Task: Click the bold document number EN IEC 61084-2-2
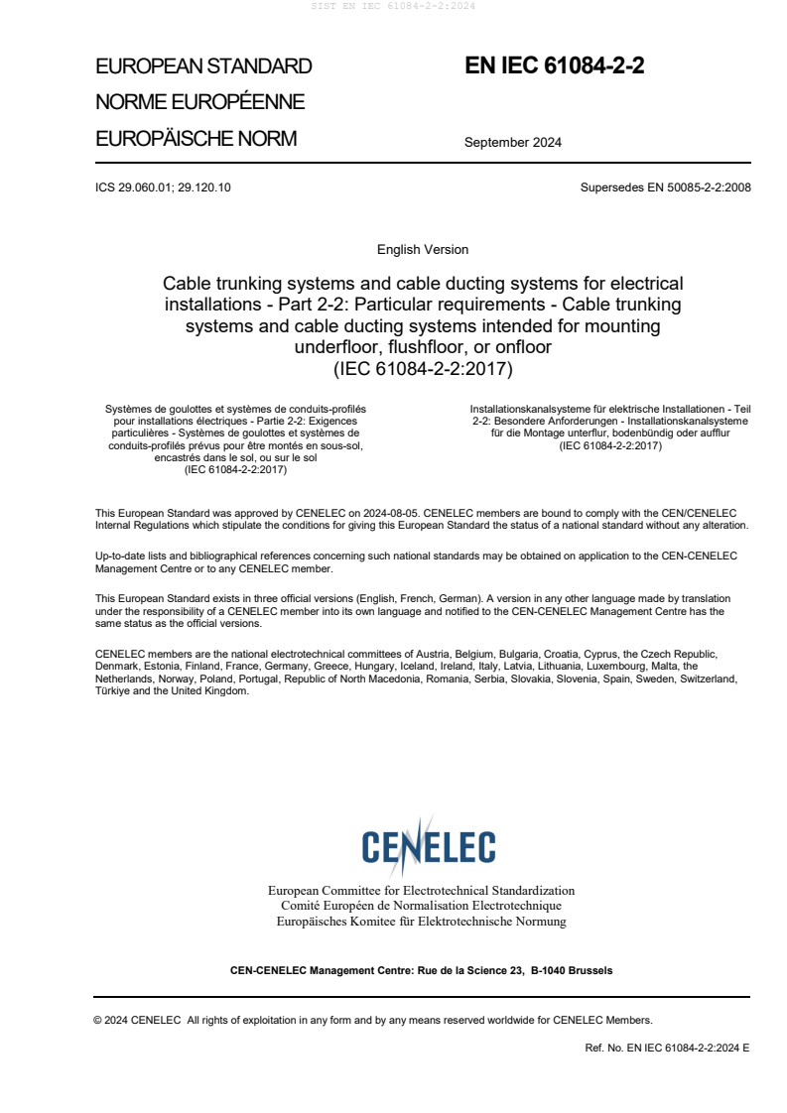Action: point(555,66)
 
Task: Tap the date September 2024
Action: point(512,142)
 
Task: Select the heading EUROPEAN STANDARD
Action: point(203,67)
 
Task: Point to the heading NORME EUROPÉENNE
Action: point(199,102)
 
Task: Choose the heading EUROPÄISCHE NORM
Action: point(196,139)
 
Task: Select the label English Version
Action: point(423,250)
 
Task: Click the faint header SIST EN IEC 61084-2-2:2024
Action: point(393,6)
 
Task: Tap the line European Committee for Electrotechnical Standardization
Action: point(421,891)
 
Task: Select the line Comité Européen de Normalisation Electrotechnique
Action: point(421,906)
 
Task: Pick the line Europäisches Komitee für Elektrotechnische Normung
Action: point(421,922)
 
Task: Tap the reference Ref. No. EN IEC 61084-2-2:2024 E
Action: point(667,1047)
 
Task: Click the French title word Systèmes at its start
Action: point(127,408)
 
